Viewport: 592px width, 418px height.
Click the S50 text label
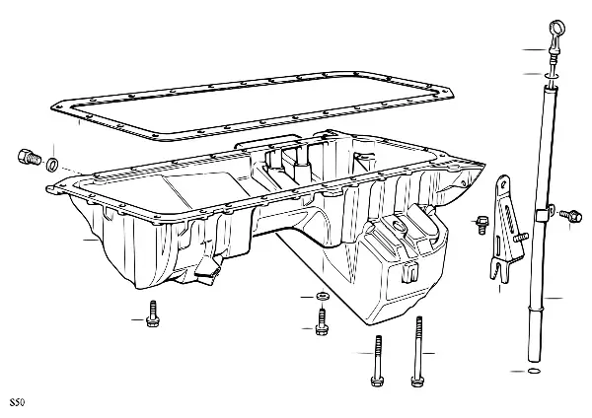(x=17, y=402)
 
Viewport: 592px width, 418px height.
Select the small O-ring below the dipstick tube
(x=534, y=372)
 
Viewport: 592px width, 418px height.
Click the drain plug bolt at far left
(x=29, y=158)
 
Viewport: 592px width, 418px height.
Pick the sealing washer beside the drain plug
(x=52, y=164)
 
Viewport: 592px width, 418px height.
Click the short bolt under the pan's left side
(x=153, y=313)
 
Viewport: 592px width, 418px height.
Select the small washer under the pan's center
(x=321, y=296)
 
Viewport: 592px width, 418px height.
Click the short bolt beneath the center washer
(x=322, y=321)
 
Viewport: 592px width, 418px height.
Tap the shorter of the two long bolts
(x=378, y=361)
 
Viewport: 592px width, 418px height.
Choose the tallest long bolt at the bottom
(x=417, y=352)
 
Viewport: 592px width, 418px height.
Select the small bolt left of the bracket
(x=481, y=225)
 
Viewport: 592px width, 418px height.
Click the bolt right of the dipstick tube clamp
(x=570, y=216)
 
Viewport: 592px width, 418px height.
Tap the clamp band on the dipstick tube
(x=544, y=214)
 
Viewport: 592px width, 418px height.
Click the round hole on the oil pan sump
(x=399, y=227)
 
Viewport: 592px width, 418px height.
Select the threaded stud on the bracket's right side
(x=521, y=238)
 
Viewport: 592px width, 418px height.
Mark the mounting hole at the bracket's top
(x=503, y=184)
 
